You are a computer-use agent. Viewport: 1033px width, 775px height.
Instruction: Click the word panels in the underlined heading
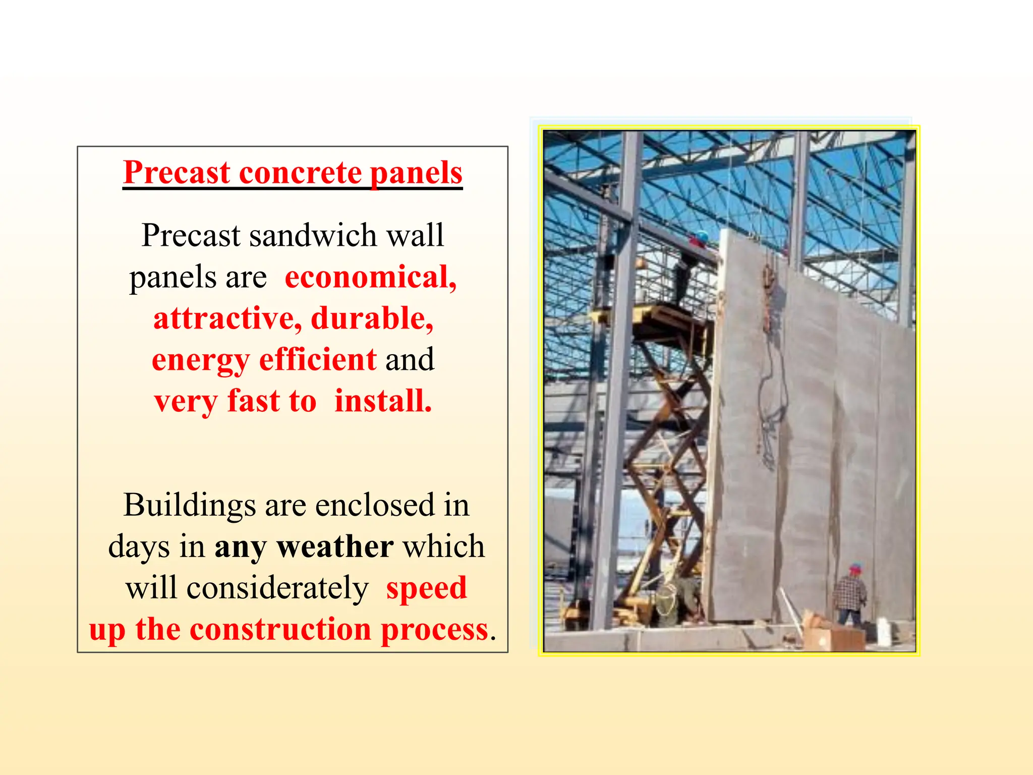point(416,173)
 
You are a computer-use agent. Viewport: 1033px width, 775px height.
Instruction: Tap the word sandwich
point(313,235)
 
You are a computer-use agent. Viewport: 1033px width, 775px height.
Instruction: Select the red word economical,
point(371,277)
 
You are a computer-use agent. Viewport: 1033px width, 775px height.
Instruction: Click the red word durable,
point(372,318)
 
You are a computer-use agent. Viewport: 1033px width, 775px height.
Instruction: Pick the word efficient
point(318,360)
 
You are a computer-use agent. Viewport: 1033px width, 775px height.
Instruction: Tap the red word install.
point(383,401)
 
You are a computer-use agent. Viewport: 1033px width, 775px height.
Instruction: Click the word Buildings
point(190,505)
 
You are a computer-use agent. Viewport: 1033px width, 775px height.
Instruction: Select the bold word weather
point(335,546)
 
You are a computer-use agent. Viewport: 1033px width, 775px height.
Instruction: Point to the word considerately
point(277,588)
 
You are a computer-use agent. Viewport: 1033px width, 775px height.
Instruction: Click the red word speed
point(427,588)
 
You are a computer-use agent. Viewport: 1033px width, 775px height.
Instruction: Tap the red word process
point(434,630)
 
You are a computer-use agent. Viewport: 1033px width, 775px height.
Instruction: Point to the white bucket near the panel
point(884,632)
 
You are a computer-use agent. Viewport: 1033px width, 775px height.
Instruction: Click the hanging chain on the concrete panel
point(769,303)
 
